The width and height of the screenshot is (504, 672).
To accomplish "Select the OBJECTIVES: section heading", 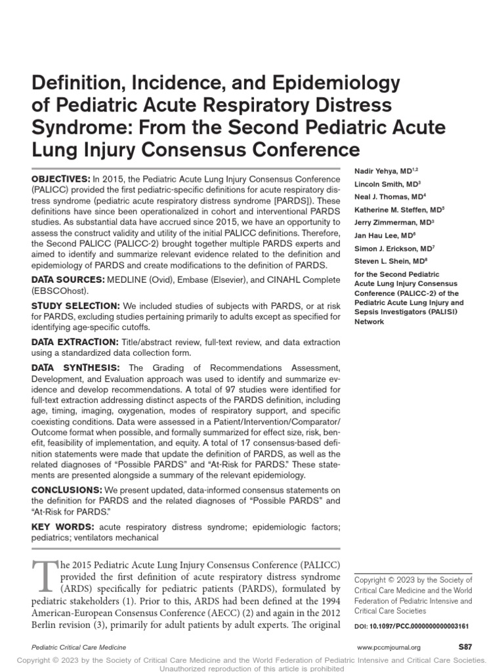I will (61, 179).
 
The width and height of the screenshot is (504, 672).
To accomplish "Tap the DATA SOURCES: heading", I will (69, 280).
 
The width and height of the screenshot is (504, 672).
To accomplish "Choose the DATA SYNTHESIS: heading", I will (75, 367).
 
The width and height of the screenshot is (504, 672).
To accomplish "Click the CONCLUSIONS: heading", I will (67, 490).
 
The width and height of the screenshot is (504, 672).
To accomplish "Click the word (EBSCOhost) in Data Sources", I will (59, 291).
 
